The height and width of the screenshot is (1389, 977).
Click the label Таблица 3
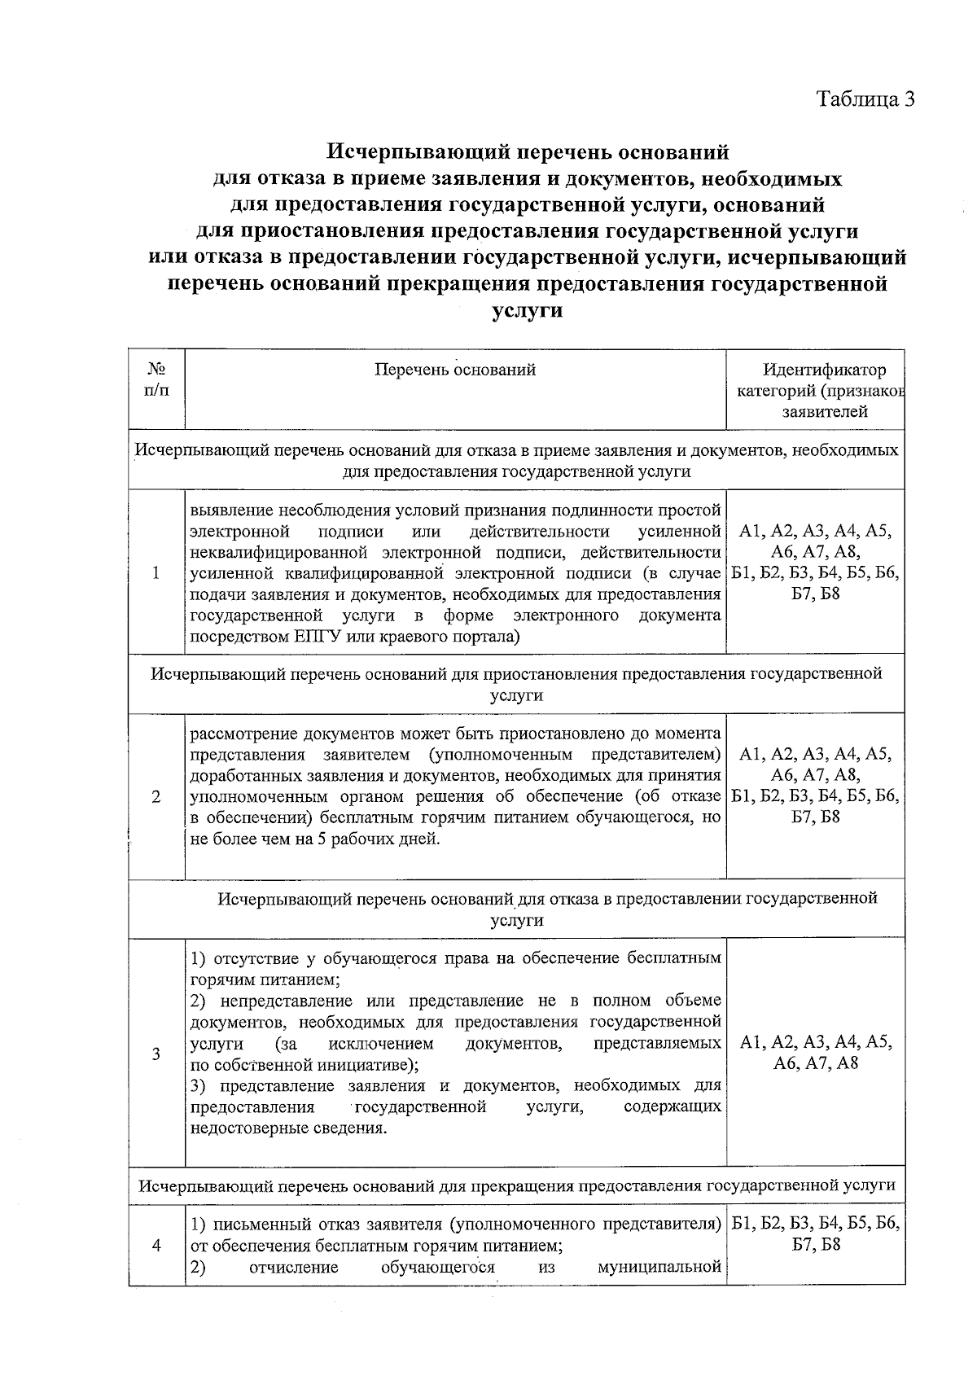[x=866, y=99]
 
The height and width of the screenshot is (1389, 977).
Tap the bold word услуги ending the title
[x=528, y=310]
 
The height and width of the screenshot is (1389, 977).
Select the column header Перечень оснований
[x=455, y=370]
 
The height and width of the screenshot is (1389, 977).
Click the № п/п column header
[x=157, y=380]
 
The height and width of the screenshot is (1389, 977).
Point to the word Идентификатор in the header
[x=824, y=370]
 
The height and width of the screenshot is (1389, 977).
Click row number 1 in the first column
[x=156, y=572]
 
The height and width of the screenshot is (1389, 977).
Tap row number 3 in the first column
[x=156, y=1053]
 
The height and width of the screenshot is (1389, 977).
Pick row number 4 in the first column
[x=156, y=1245]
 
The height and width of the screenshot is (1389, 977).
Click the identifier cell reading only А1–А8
[x=815, y=1053]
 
